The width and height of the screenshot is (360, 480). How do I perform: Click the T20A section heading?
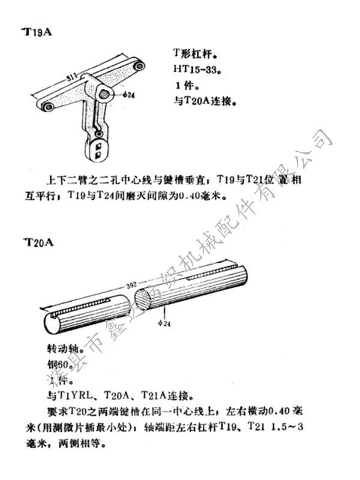tap(38, 242)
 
